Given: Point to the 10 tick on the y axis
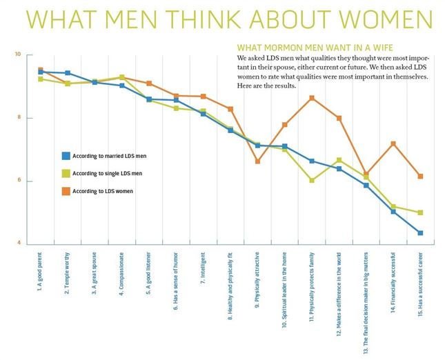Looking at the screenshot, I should point(19,54).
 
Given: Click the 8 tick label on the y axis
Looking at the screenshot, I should point(19,118).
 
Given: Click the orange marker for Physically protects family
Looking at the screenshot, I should point(312,98).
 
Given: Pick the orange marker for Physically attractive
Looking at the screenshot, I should point(257,161).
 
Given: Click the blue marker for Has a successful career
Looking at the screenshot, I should point(420,233).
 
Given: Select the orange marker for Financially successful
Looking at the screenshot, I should point(393,143).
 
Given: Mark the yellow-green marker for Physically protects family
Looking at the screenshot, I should point(312,181).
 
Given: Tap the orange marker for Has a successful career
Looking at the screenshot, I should point(420,177).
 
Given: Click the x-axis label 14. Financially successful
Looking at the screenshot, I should point(393,279).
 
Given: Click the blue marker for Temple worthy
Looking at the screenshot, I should point(68,72).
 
